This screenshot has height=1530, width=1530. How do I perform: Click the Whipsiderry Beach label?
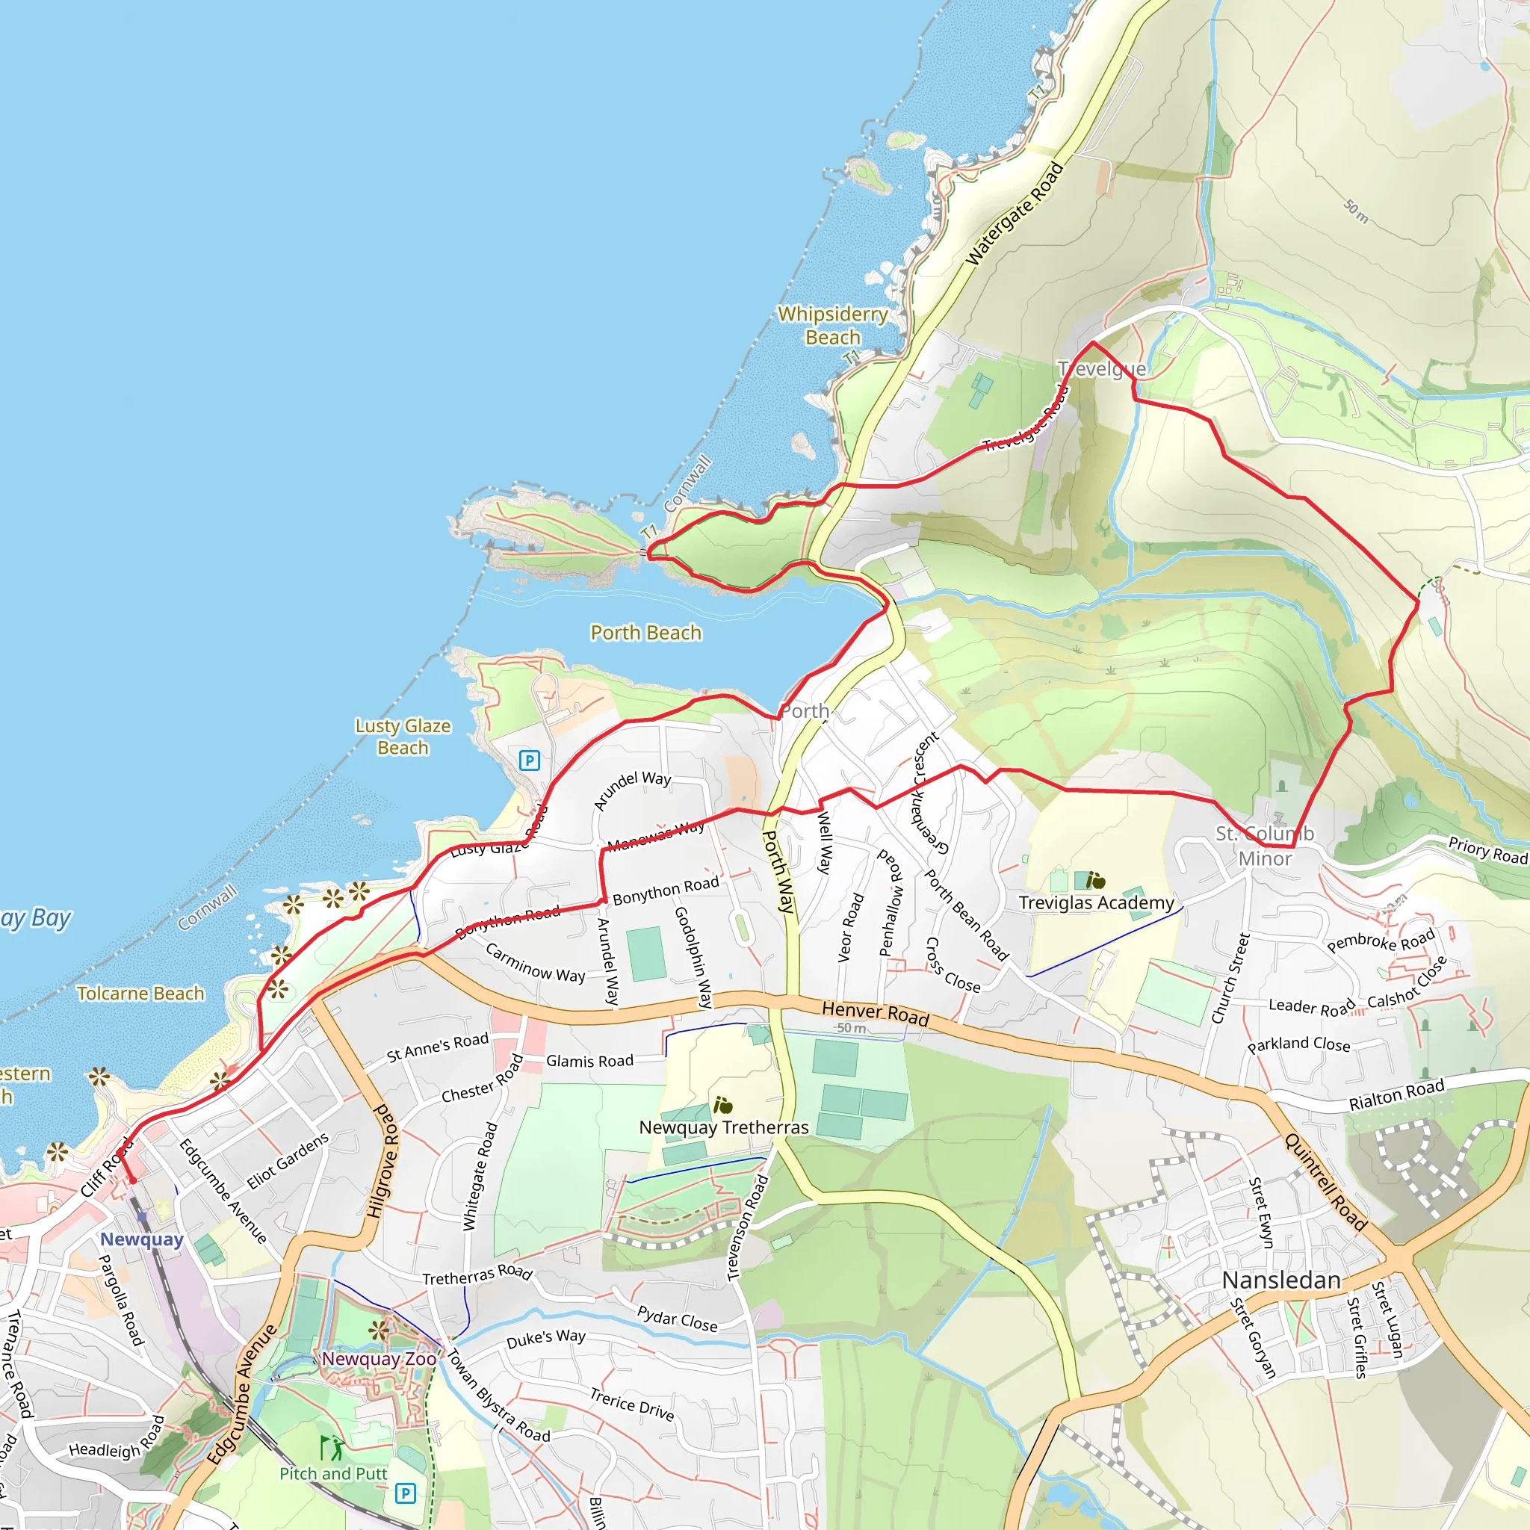(832, 326)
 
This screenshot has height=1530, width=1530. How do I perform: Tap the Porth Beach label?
(645, 633)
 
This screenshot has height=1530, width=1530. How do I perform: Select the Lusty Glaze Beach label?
(403, 737)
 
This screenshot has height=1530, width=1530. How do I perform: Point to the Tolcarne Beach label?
(140, 993)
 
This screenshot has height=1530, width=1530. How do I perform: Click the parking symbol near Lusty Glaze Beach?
(529, 761)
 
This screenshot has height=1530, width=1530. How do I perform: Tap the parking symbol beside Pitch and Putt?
(405, 1493)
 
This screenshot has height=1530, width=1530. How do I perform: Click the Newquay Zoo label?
(379, 1359)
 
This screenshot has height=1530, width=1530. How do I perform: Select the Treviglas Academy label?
(1096, 902)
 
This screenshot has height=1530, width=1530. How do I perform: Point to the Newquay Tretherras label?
(723, 1127)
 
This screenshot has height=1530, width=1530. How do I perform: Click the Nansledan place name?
(1280, 1280)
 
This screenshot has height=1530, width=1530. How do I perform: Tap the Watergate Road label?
(1015, 214)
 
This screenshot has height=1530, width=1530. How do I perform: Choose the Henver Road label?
(875, 1013)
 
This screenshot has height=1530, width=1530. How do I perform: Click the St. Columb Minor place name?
(1265, 846)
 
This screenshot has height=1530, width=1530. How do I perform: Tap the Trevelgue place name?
(1102, 369)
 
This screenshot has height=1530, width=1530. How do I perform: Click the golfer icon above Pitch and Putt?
(332, 1449)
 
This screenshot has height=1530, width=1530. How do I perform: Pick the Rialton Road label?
(1396, 1094)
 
